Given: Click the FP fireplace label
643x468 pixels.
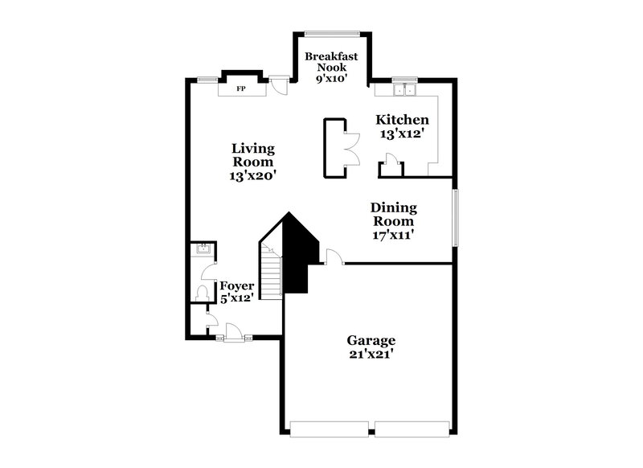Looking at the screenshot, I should coord(240,88).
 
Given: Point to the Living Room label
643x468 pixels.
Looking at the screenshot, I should coord(254,161).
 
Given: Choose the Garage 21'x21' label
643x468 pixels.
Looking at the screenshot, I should coord(371,347).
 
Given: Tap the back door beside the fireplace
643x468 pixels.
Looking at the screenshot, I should coord(278,84).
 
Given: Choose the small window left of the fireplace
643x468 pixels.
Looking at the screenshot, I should coord(207,79).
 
